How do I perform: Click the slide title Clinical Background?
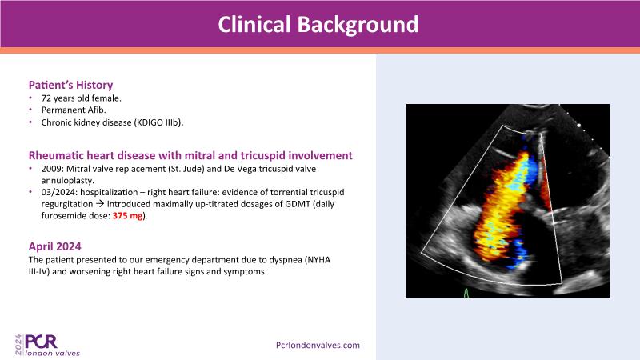tap(318, 25)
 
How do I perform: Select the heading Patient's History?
tap(70, 85)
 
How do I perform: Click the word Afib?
tap(96, 110)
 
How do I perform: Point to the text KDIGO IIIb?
tap(158, 122)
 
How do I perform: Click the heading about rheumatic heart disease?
tap(190, 155)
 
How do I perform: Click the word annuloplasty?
tap(68, 181)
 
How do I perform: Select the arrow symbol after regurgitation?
tap(99, 204)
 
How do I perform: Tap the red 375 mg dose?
tap(128, 215)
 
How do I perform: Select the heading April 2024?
tap(54, 246)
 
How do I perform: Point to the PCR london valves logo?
tap(48, 346)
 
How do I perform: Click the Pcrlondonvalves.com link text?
tap(318, 346)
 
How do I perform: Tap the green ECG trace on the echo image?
tap(466, 293)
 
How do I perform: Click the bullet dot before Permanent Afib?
tap(30, 110)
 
